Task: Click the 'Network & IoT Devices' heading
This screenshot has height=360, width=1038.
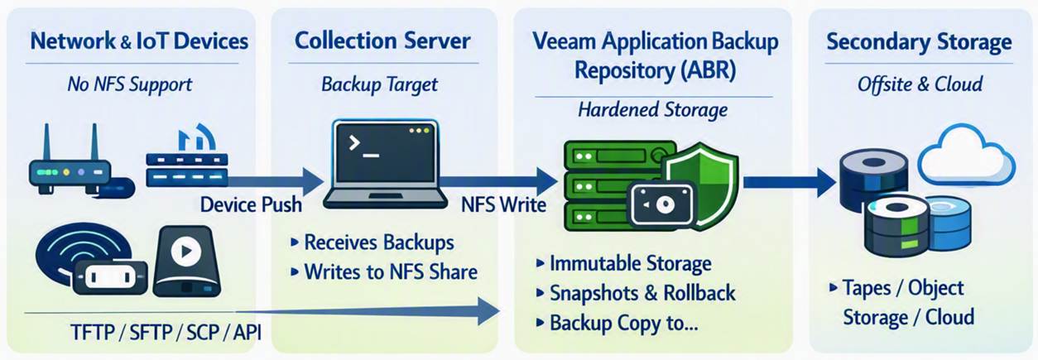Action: [139, 41]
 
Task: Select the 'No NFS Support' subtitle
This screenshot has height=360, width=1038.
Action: [130, 84]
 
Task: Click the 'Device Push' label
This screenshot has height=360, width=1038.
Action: [251, 204]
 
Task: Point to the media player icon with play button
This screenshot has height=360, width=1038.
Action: [187, 261]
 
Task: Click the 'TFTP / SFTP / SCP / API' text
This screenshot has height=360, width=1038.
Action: [166, 332]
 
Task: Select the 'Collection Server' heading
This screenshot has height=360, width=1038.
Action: [382, 41]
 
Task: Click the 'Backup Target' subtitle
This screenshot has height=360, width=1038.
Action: [379, 84]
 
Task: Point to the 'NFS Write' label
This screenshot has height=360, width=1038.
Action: [503, 204]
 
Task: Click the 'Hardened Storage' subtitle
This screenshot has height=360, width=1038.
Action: [652, 110]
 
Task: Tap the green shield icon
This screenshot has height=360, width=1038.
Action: [700, 186]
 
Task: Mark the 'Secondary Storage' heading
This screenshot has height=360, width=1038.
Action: [919, 41]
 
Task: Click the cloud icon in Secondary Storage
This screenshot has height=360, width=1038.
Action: [966, 156]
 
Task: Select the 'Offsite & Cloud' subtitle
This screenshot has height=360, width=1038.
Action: [920, 84]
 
